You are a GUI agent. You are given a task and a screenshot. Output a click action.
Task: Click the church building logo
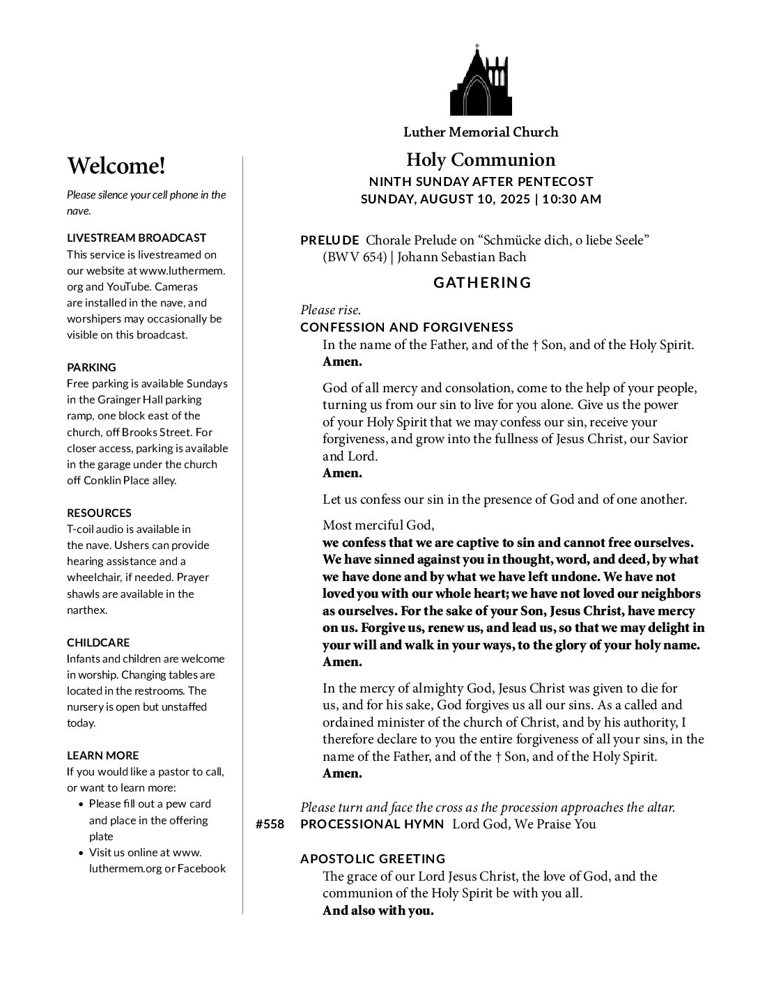481,81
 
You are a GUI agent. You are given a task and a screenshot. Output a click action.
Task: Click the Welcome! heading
116,167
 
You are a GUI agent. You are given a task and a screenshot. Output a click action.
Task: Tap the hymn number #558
270,825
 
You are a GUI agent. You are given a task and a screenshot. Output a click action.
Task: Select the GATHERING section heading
482,283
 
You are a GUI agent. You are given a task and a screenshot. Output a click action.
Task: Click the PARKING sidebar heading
91,367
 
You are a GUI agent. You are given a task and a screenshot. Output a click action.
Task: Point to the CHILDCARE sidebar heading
98,642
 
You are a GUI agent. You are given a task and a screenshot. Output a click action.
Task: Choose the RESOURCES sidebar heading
99,513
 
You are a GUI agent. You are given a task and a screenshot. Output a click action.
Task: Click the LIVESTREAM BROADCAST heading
137,238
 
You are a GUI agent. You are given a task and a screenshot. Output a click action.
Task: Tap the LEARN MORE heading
102,755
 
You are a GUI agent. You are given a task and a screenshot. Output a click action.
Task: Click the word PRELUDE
330,240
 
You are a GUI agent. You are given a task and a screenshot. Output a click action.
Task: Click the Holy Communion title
481,160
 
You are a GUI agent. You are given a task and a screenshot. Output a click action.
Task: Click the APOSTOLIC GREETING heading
373,859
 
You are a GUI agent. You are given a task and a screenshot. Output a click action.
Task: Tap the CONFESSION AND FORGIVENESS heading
407,327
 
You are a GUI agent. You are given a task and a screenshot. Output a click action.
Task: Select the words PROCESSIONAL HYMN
372,825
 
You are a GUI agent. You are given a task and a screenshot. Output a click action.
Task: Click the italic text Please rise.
330,310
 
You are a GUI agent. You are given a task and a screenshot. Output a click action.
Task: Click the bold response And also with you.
378,911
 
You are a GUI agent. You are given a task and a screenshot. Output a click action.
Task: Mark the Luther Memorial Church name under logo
481,132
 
